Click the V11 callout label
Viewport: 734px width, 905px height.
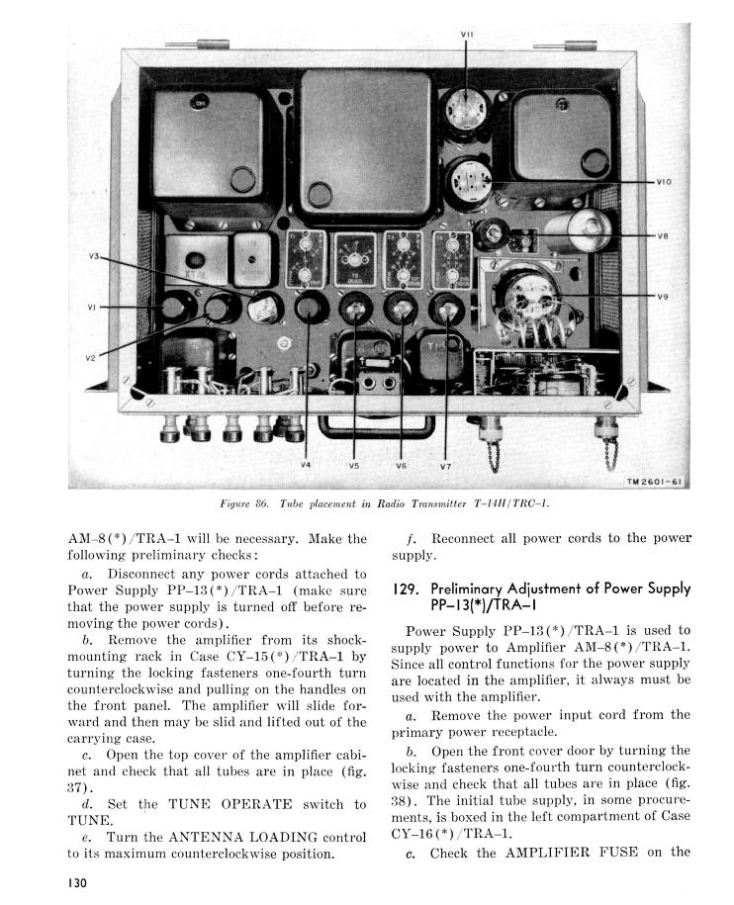tap(467, 35)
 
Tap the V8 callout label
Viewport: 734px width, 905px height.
tap(663, 236)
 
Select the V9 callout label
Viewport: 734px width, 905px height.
tap(663, 296)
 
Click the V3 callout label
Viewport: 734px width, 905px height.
tap(95, 256)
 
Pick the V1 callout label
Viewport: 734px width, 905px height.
tap(91, 308)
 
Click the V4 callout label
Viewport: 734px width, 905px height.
tap(306, 464)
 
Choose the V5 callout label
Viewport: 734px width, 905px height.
tap(354, 464)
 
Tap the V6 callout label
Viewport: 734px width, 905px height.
tap(402, 464)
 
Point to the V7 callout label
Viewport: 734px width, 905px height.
tap(445, 464)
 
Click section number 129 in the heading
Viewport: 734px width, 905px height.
tap(406, 588)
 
